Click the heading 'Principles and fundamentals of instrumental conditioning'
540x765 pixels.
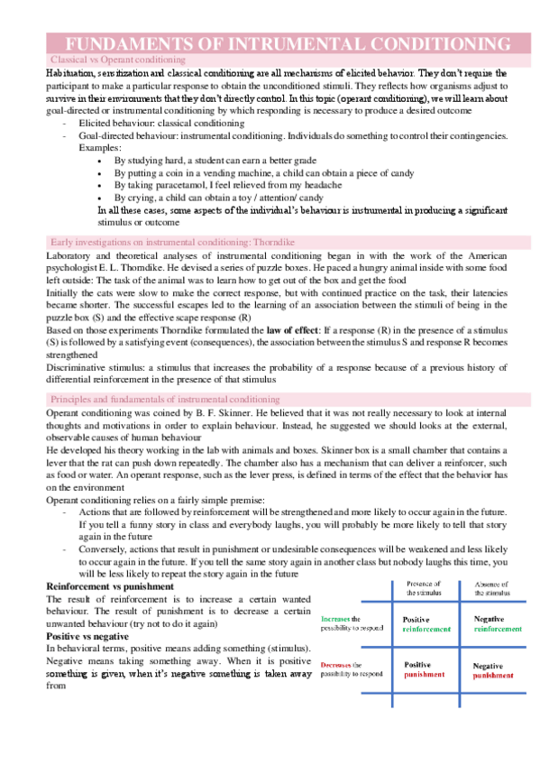(165, 398)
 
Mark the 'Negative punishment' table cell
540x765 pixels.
(497, 670)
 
